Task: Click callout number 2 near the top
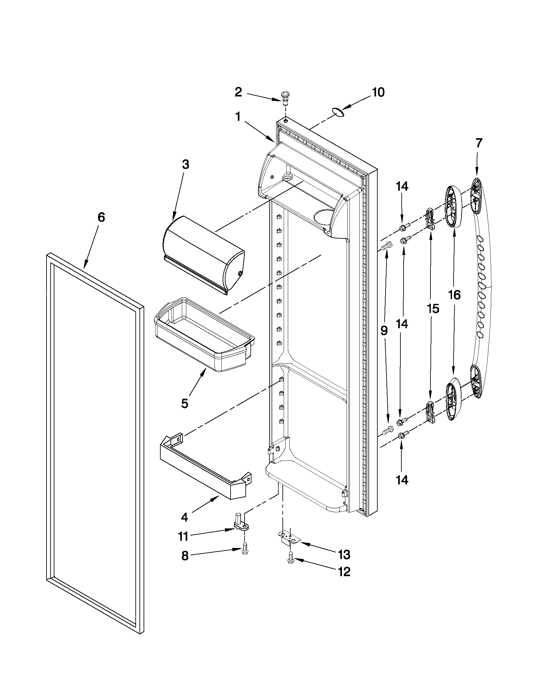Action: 238,92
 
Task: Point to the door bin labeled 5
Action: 204,335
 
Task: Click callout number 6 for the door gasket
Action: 101,217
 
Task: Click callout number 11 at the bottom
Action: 183,537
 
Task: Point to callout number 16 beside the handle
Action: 454,295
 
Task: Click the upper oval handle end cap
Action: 454,206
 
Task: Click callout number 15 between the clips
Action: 433,309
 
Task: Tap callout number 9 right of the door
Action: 384,331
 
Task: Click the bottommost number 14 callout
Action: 402,480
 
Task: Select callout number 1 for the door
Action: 238,117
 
